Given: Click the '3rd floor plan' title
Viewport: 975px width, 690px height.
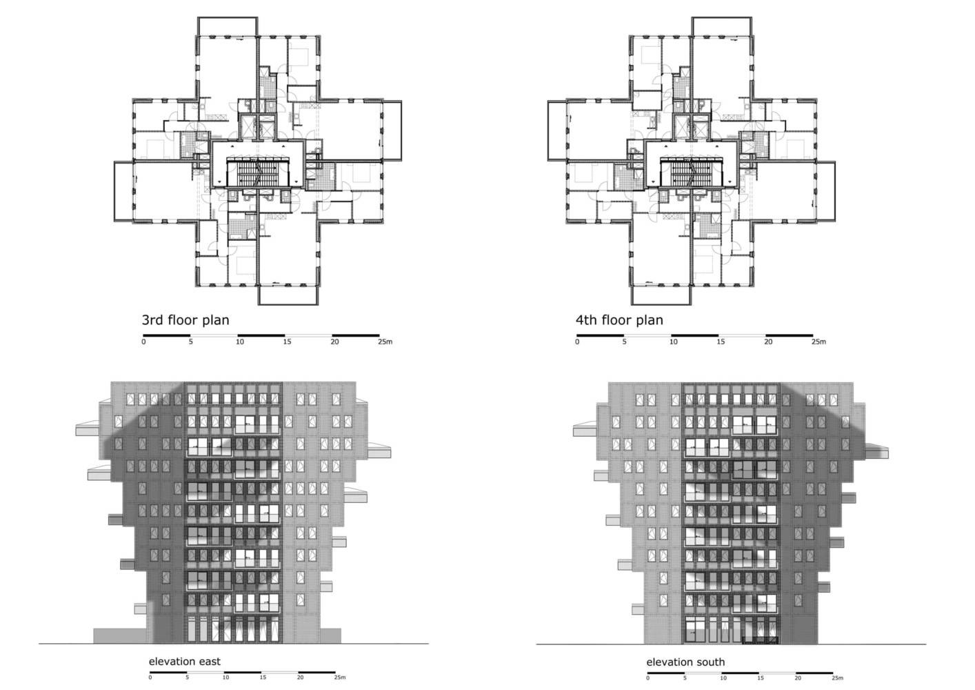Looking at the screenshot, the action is (x=185, y=320).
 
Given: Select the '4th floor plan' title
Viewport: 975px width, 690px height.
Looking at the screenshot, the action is (x=619, y=320).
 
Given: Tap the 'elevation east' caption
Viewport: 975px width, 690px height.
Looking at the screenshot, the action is (x=185, y=662).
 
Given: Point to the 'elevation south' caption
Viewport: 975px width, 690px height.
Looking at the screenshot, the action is (x=685, y=662).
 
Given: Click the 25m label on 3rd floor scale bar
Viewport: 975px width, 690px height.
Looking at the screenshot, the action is (x=385, y=342).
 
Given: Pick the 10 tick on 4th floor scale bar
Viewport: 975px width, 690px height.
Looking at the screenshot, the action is (x=674, y=342).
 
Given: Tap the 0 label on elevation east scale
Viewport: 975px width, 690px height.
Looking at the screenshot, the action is (x=150, y=678).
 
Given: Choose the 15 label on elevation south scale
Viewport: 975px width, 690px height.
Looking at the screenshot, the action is (x=761, y=678).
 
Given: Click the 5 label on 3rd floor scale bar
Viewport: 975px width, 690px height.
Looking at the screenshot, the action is (x=190, y=342).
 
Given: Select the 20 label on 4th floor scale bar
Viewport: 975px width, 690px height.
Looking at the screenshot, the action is (x=768, y=342).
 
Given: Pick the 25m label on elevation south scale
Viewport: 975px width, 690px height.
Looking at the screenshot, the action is (x=838, y=678).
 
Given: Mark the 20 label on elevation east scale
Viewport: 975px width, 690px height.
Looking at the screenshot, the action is (x=301, y=678).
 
